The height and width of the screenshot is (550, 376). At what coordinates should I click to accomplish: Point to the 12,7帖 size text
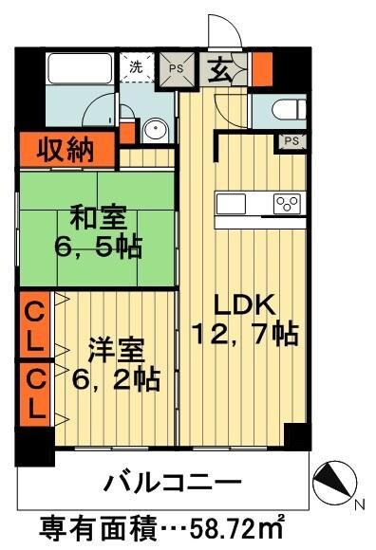pyautogui.click(x=245, y=334)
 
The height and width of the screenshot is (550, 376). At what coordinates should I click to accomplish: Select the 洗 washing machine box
pyautogui.click(x=137, y=67)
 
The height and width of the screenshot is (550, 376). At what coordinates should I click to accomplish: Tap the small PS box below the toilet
pyautogui.click(x=291, y=141)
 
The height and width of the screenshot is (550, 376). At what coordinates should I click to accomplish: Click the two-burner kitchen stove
pyautogui.click(x=287, y=202)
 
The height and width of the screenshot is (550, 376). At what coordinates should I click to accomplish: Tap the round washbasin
pyautogui.click(x=157, y=128)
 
